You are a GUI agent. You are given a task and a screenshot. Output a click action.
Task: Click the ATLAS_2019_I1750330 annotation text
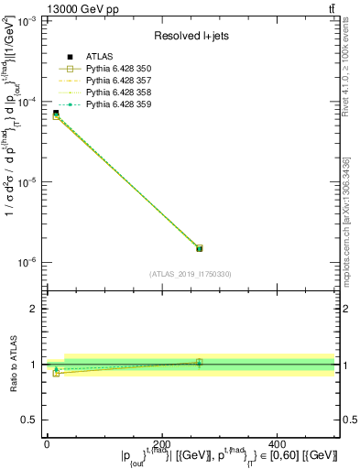(191, 274)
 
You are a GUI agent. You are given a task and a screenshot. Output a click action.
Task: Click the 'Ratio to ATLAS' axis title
(12, 364)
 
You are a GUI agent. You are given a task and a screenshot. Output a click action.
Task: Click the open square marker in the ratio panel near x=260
(199, 363)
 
